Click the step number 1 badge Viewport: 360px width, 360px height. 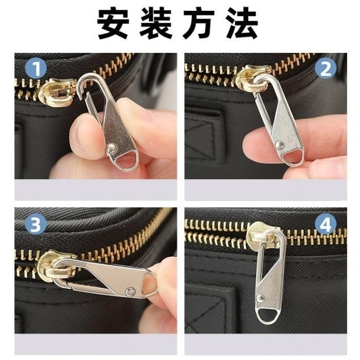tap(36, 68)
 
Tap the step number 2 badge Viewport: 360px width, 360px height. tap(326, 68)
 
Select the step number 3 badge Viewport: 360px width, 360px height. tap(36, 224)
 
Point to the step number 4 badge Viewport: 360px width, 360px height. tap(326, 224)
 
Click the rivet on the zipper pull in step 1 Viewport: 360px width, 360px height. tap(111, 149)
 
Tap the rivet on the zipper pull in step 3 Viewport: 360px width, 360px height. tap(131, 292)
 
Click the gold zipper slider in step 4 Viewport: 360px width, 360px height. tap(263, 237)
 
